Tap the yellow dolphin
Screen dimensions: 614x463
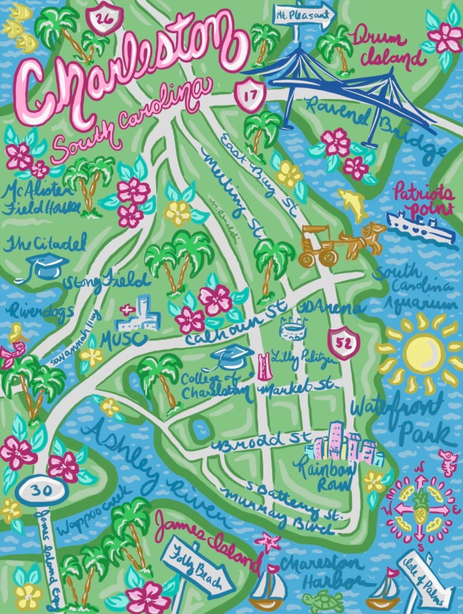coord(353,203)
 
